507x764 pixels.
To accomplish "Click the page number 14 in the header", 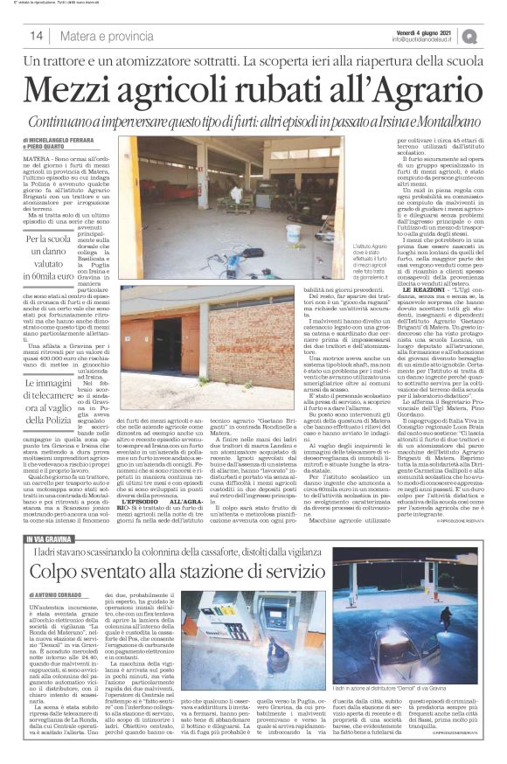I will tap(37, 36).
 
